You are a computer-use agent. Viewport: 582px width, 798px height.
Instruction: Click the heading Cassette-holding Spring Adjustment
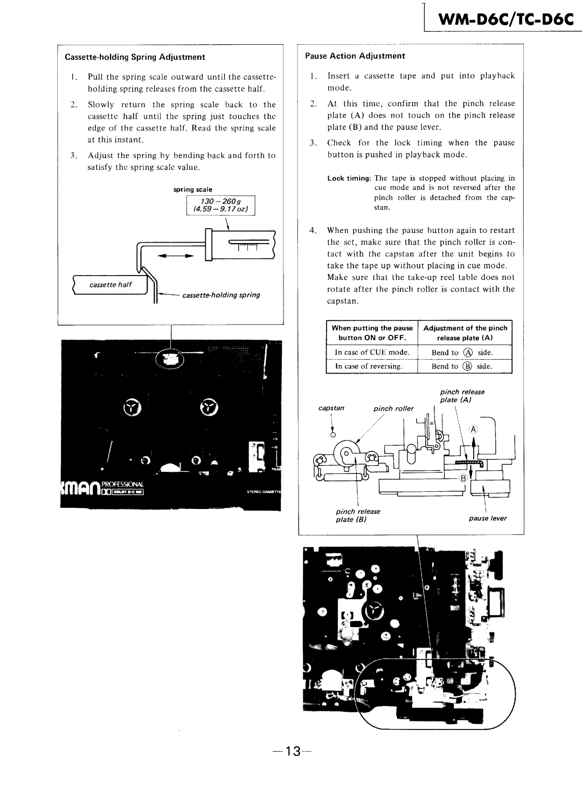(x=135, y=57)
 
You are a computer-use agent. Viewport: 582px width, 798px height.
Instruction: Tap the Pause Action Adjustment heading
(x=355, y=56)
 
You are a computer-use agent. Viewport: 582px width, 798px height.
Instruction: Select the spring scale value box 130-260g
(x=220, y=205)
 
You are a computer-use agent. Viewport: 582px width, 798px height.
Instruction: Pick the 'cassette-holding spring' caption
(x=221, y=295)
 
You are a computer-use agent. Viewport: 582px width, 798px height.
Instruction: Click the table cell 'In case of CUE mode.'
(x=372, y=353)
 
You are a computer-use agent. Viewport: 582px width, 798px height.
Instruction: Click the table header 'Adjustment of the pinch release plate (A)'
(x=466, y=333)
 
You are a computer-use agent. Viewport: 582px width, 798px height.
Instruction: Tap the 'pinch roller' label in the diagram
(x=394, y=408)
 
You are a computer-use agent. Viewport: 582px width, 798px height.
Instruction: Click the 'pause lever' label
(x=488, y=518)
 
